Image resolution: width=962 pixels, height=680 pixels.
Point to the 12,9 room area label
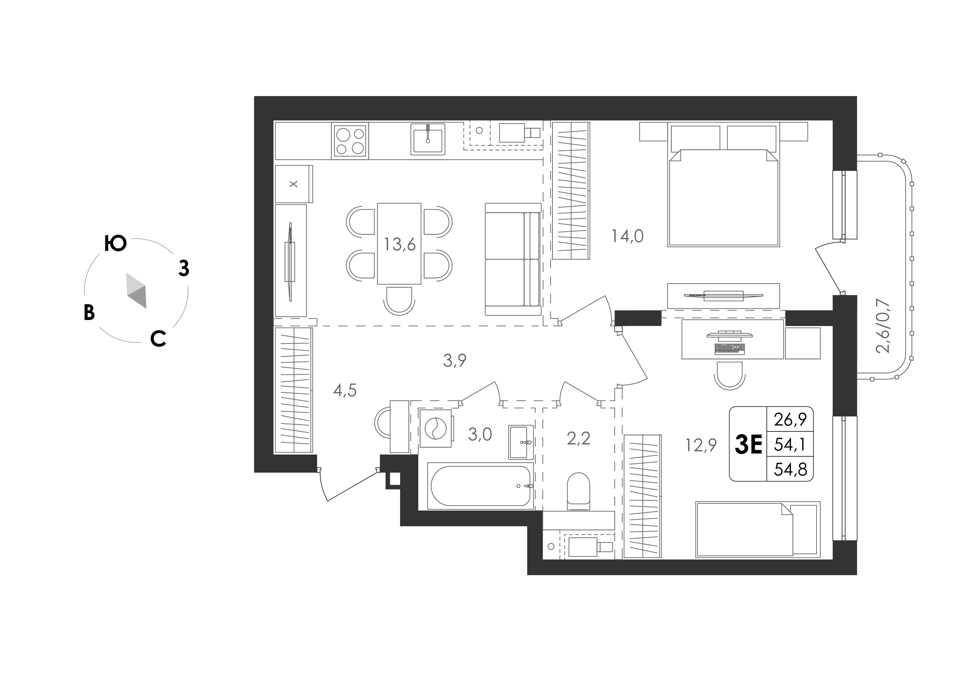(701, 445)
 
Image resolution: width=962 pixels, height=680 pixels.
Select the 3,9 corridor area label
(455, 360)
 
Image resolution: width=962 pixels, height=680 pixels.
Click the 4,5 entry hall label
(345, 390)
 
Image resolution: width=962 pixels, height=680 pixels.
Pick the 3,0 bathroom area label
(480, 435)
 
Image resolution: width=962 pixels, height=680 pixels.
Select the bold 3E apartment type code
(748, 444)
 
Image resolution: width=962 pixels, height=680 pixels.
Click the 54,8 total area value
(790, 469)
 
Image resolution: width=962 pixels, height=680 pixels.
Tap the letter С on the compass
(159, 339)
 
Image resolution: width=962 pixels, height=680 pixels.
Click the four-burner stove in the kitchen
(350, 141)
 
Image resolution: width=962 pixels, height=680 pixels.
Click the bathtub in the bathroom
(480, 486)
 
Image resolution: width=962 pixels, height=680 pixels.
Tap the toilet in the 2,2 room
(579, 491)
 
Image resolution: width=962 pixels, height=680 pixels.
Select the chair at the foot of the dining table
(399, 301)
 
